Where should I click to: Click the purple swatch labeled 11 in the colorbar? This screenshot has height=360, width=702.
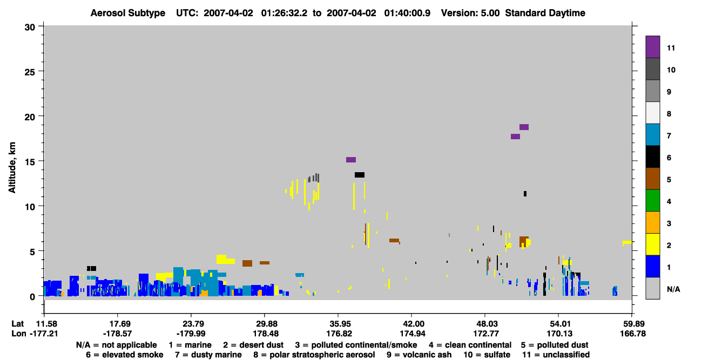[x=652, y=47]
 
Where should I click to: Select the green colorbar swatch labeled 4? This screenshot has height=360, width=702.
[x=652, y=201]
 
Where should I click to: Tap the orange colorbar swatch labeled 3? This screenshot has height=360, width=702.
[x=652, y=222]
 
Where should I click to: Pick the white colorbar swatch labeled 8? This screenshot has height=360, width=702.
[x=652, y=113]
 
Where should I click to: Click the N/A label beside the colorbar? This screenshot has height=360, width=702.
[x=673, y=289]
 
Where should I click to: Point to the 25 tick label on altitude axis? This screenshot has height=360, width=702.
[x=30, y=72]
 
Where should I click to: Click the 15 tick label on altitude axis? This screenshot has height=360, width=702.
[x=30, y=162]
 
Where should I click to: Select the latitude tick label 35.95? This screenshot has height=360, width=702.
[x=339, y=324]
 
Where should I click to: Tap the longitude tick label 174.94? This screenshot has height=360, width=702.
[x=413, y=334]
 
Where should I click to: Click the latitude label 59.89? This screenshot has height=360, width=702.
[x=633, y=324]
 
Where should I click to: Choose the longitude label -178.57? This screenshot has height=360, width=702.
[x=118, y=334]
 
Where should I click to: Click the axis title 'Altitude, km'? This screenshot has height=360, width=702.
[x=12, y=167]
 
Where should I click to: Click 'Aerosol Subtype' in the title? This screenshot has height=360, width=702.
[x=128, y=13]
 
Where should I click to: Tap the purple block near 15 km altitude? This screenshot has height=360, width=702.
[x=351, y=160]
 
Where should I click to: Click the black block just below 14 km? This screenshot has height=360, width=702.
[x=360, y=175]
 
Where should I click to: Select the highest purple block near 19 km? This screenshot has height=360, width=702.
[x=524, y=127]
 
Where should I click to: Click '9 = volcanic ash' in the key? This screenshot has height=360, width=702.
[x=418, y=355]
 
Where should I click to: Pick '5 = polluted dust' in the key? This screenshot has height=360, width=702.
[x=555, y=345]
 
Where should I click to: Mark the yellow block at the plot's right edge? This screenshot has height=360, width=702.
[x=627, y=242]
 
